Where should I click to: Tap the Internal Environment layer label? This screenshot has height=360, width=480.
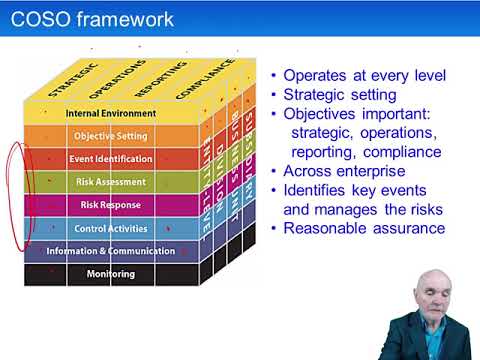[x=110, y=113]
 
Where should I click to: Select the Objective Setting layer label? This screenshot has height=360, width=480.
[x=110, y=136]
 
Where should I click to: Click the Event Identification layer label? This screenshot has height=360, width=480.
[x=110, y=159]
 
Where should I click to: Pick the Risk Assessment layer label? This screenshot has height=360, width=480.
[x=110, y=182]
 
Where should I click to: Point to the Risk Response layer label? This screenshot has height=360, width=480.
[x=110, y=205]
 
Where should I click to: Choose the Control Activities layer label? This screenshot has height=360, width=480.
[x=110, y=228]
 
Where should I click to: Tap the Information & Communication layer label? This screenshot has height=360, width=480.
[x=110, y=251]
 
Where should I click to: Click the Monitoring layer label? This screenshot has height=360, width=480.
[x=110, y=274]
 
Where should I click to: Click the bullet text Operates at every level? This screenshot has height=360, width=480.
[x=364, y=76]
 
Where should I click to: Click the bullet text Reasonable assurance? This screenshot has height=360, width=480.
[x=364, y=228]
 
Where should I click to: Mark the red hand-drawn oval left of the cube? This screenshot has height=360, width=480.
[x=15, y=195]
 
